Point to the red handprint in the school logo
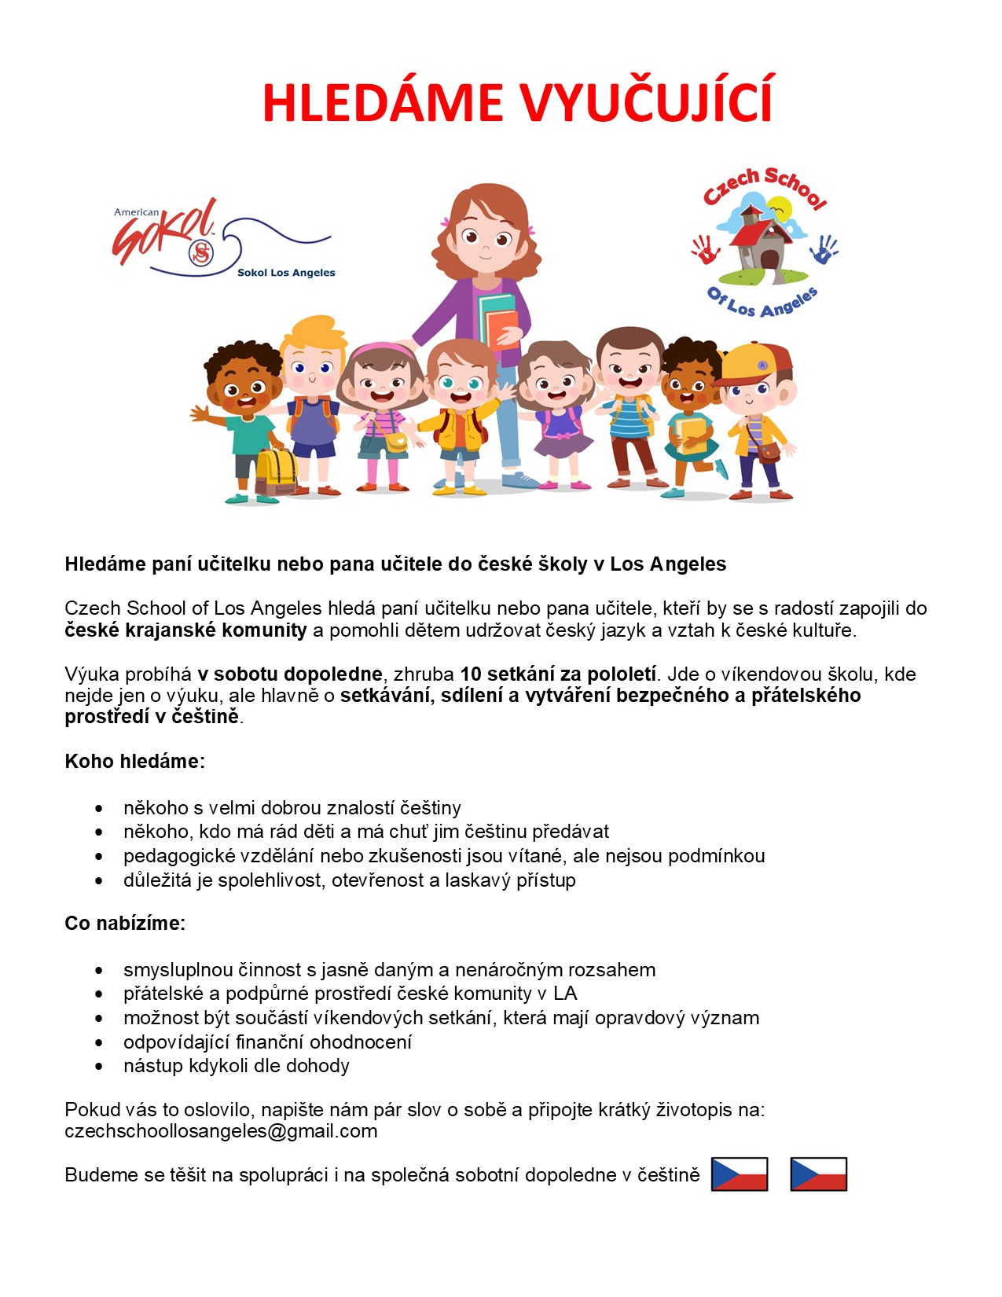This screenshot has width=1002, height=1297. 705,250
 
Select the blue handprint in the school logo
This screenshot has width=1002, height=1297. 824,249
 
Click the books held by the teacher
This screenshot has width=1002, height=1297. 498,318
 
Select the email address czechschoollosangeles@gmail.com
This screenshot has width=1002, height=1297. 221,1131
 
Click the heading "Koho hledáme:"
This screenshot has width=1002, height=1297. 134,761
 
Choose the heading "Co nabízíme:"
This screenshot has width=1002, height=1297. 125,923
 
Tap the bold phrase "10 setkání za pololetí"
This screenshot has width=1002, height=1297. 557,674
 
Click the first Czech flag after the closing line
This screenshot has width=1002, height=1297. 739,1174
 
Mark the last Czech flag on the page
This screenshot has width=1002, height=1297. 818,1174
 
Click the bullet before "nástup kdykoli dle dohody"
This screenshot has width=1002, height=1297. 99,1067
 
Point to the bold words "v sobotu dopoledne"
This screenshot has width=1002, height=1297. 289,674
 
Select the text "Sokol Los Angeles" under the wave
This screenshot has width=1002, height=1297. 286,273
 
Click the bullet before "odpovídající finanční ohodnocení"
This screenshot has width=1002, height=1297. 99,1042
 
